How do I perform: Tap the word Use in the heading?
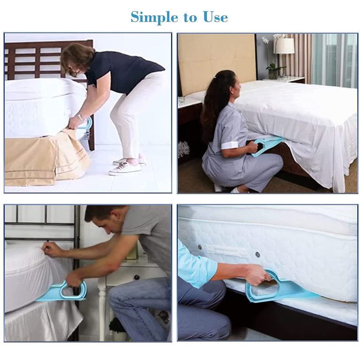pos(215,17)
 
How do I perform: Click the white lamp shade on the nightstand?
pos(284,46)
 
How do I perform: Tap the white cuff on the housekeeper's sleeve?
pos(230,145)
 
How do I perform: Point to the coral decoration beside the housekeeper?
pos(183,149)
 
